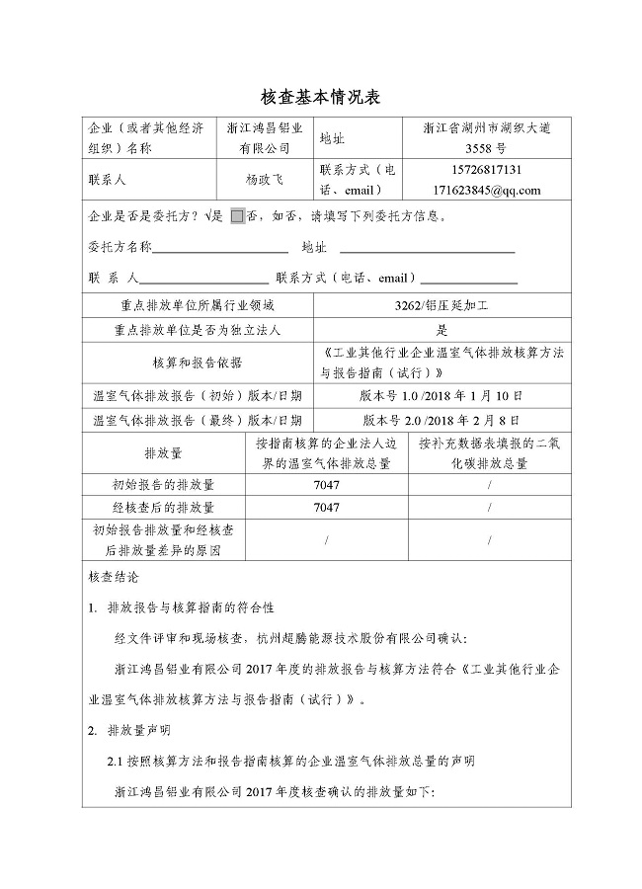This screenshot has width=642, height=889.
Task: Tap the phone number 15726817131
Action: (478, 170)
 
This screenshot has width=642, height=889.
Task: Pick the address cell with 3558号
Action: (478, 148)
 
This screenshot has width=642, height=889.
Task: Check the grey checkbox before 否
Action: (237, 216)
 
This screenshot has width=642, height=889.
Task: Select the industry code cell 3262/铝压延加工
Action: (441, 306)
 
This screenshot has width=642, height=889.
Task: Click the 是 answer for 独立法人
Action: (441, 331)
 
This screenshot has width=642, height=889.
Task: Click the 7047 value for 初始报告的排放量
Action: (326, 485)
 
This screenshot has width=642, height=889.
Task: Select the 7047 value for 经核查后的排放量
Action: (326, 508)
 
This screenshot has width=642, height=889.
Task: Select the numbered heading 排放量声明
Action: (137, 731)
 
